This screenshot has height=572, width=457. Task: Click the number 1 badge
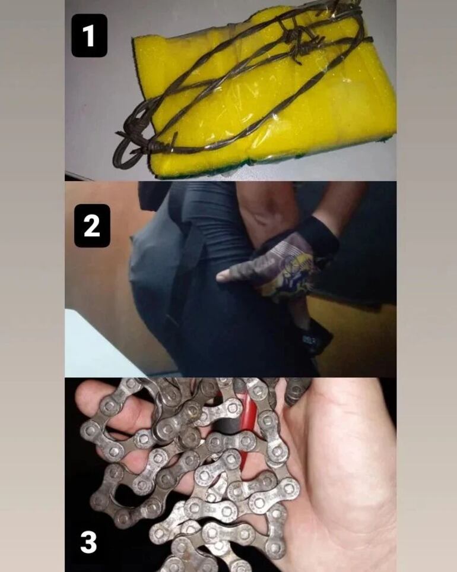[x=89, y=36]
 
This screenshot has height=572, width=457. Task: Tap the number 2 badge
[x=92, y=226]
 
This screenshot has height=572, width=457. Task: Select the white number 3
[x=88, y=542]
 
